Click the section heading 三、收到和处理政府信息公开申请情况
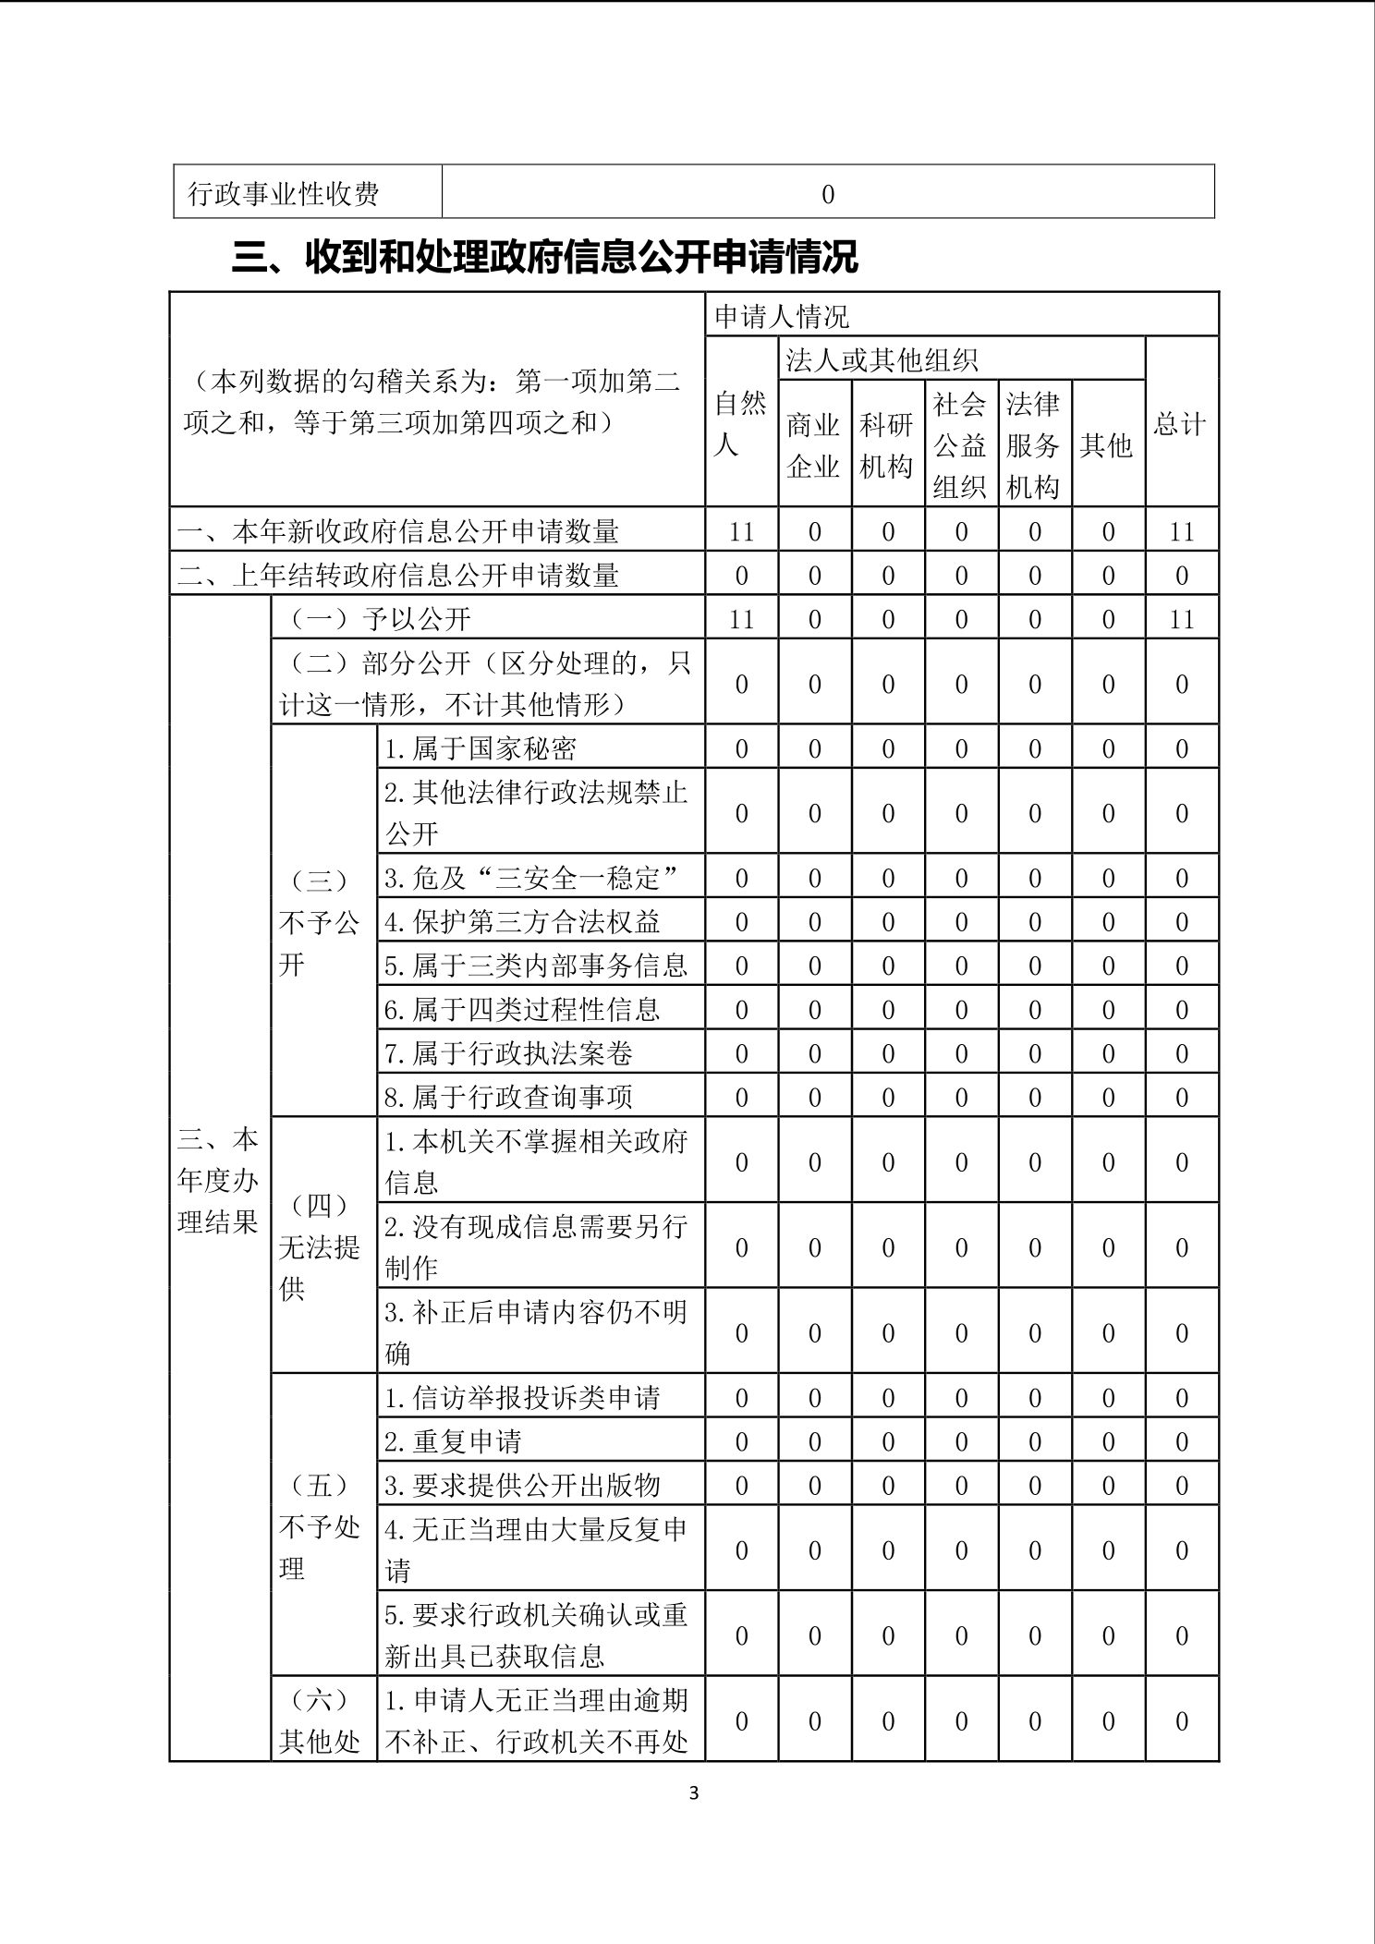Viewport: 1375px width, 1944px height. point(544,258)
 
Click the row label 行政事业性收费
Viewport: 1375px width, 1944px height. point(284,194)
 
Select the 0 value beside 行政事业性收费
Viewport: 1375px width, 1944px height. point(827,194)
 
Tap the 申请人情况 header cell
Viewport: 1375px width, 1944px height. point(782,317)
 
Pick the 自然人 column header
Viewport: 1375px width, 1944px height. point(741,424)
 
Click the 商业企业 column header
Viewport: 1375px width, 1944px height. point(813,445)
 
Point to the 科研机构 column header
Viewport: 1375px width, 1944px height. point(886,445)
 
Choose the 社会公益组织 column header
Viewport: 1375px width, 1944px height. point(959,445)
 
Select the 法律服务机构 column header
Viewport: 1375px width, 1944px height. point(1032,445)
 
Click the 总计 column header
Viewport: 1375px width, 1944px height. point(1180,424)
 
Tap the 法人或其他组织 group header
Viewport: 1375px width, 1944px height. point(882,359)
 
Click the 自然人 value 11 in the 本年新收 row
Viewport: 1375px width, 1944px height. point(741,532)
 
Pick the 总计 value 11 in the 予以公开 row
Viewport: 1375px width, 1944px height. point(1181,619)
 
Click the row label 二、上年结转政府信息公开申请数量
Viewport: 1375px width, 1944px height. point(398,576)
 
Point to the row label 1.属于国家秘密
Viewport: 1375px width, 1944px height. point(481,748)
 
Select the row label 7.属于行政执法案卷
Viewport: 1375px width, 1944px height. point(508,1053)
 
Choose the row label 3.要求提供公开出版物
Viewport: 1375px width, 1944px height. point(522,1485)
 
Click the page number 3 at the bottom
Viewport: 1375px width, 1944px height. point(694,1793)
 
